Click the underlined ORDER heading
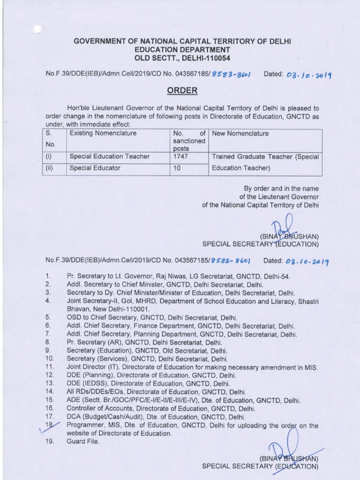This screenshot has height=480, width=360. pyautogui.click(x=182, y=90)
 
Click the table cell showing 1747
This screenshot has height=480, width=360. pyautogui.click(x=180, y=156)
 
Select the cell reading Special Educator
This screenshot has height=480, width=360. pyautogui.click(x=95, y=168)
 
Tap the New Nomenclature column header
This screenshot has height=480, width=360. pyautogui.click(x=240, y=133)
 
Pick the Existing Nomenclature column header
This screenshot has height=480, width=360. pyautogui.click(x=103, y=133)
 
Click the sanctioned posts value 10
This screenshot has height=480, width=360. pyautogui.click(x=177, y=168)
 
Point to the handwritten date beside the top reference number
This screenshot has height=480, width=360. pyautogui.click(x=309, y=75)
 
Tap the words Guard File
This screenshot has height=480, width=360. pyautogui.click(x=83, y=441)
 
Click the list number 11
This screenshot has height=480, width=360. pyautogui.click(x=50, y=367)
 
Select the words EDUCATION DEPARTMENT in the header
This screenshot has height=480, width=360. pyautogui.click(x=182, y=50)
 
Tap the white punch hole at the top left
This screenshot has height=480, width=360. pyautogui.click(x=37, y=29)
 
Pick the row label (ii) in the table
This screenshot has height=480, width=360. pyautogui.click(x=49, y=168)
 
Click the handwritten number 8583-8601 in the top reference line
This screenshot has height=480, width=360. pyautogui.click(x=231, y=74)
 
